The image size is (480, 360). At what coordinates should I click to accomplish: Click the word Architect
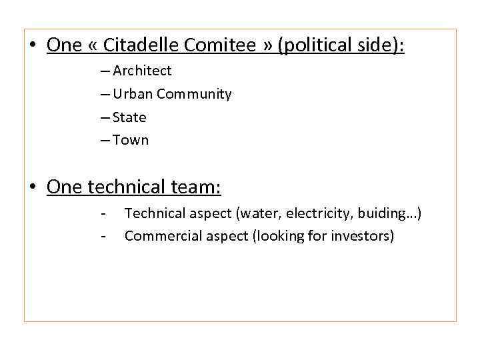(142, 71)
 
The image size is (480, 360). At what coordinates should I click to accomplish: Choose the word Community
(194, 94)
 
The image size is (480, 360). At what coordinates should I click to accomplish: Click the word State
(129, 117)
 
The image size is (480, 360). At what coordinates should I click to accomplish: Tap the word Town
(131, 140)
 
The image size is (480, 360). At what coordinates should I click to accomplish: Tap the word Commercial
(158, 235)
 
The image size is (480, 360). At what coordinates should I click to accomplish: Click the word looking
(281, 235)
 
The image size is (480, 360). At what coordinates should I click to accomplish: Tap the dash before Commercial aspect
(103, 235)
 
